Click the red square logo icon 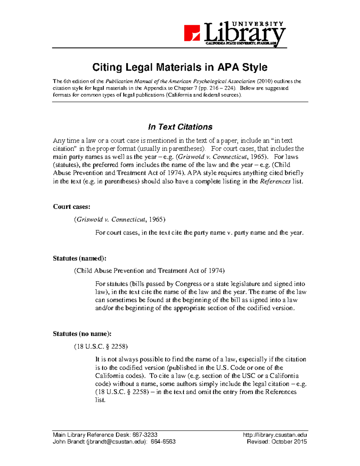[x=192, y=33]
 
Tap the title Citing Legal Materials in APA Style [x=180, y=67]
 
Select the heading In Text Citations [x=180, y=127]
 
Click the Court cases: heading [x=71, y=207]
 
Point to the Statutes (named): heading [x=79, y=258]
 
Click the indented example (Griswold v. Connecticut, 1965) [x=119, y=220]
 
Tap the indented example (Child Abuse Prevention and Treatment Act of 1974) [x=149, y=271]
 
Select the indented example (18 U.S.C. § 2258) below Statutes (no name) [x=101, y=347]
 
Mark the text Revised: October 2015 [x=277, y=442]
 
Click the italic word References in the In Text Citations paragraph [x=275, y=182]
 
